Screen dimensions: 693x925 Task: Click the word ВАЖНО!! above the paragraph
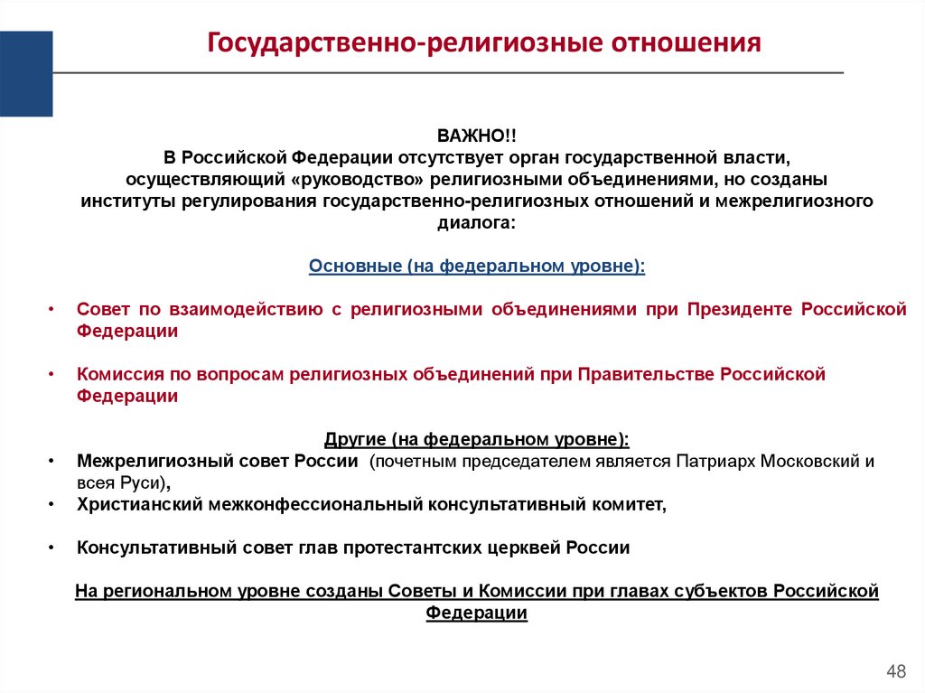pos(477,136)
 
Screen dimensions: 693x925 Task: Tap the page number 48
pos(896,670)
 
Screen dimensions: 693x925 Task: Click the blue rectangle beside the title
pos(25,73)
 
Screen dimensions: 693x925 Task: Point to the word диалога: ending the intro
pos(477,222)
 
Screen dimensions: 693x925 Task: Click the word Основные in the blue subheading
pos(355,267)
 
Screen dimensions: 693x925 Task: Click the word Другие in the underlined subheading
pos(355,440)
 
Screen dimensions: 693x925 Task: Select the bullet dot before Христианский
pos(51,504)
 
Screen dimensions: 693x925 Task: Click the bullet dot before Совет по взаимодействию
pos(51,310)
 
